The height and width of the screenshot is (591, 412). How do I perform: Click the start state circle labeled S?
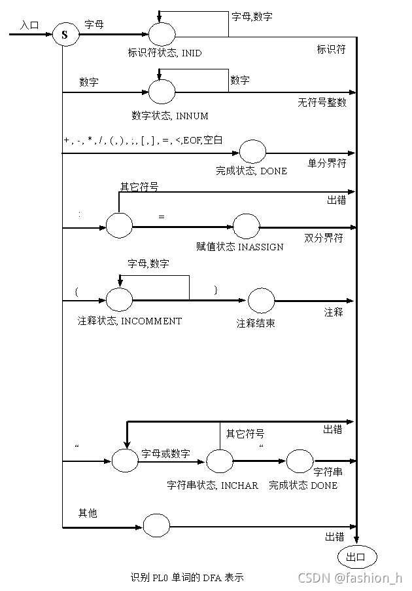point(65,35)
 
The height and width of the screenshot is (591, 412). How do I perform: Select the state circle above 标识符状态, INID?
point(162,34)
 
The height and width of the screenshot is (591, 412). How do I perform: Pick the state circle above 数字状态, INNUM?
point(162,92)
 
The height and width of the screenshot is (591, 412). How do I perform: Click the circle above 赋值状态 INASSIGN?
point(247,226)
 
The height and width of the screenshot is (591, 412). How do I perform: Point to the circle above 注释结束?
point(261,301)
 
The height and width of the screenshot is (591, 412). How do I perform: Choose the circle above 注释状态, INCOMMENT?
point(120,301)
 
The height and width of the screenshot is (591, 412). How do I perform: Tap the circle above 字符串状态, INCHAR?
point(219,461)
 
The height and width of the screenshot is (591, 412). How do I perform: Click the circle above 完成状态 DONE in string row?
point(300,461)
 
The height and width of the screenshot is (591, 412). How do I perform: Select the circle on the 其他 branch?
point(156,526)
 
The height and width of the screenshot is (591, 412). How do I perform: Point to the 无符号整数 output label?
point(322,103)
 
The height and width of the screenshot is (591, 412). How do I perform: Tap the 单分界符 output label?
point(327,163)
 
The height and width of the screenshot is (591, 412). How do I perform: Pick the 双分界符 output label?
point(324,238)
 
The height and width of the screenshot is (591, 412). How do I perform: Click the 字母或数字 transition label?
point(166,453)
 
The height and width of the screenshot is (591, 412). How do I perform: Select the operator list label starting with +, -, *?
point(143,140)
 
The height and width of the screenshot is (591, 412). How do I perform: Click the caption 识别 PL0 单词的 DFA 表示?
point(187,578)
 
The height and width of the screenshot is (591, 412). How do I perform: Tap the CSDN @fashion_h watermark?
point(350,578)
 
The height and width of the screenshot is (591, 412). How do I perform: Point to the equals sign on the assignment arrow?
point(162,216)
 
